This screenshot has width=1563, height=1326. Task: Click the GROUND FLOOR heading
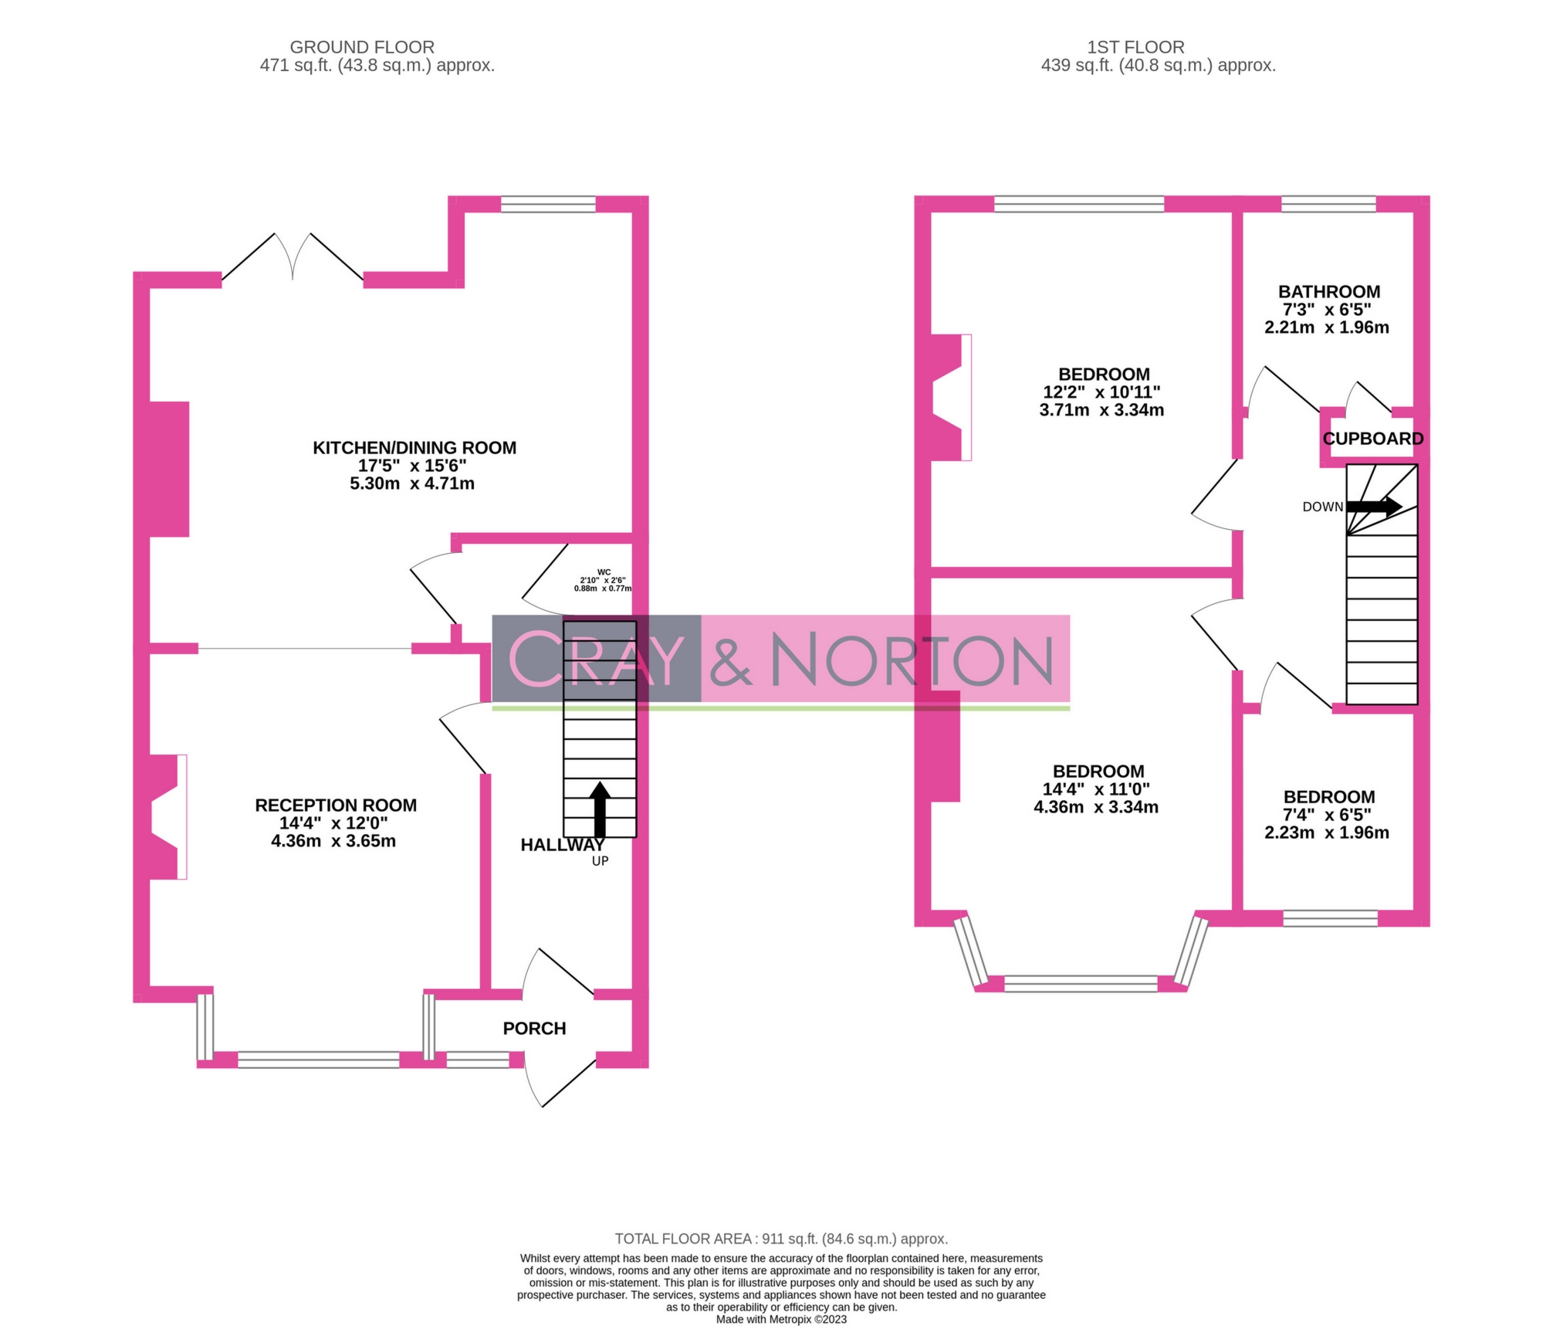(362, 47)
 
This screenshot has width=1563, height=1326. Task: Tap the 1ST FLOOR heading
(1135, 47)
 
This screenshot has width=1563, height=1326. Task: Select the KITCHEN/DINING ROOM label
(414, 448)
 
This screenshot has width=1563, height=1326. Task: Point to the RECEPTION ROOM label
(336, 805)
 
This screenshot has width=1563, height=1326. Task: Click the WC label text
(604, 572)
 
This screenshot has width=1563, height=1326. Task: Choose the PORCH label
(534, 1029)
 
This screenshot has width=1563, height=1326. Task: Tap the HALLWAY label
(562, 845)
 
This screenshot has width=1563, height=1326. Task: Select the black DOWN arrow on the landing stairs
(1374, 507)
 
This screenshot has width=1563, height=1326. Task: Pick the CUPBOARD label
(1373, 439)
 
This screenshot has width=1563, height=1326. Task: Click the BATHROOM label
(1329, 292)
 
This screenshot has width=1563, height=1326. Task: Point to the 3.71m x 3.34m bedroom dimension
(1101, 410)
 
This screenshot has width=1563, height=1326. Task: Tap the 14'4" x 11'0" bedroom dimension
(1096, 789)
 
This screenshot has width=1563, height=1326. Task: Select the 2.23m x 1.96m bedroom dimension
(1327, 833)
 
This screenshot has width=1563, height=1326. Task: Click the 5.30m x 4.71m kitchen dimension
(412, 483)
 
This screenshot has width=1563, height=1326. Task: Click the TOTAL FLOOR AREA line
(781, 1239)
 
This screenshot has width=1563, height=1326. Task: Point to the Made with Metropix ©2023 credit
(781, 1319)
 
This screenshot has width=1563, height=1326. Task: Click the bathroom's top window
(1328, 204)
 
